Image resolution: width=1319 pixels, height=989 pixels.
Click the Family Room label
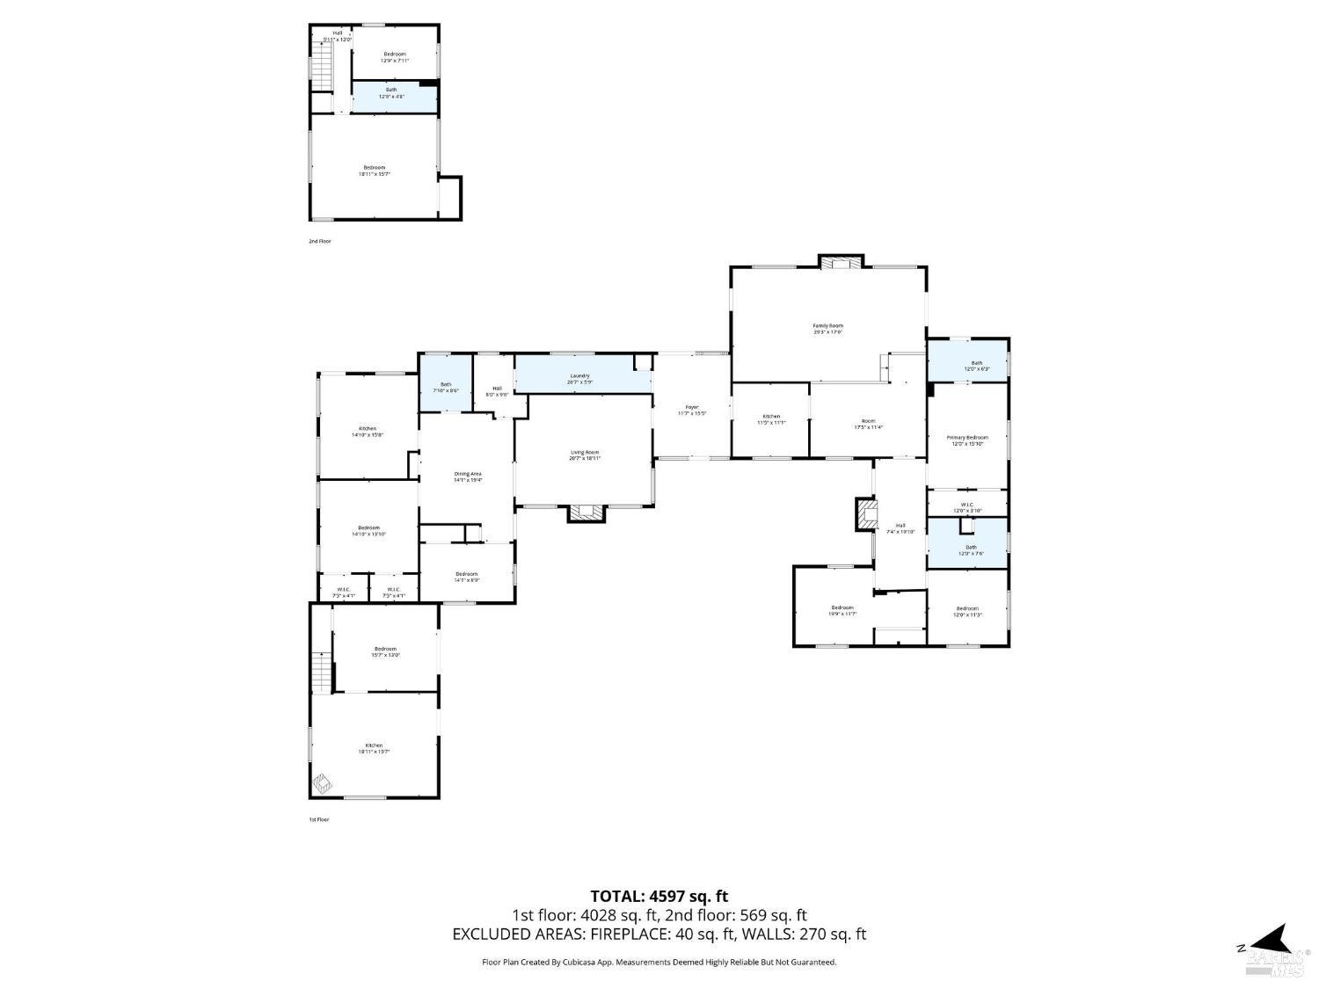point(827,329)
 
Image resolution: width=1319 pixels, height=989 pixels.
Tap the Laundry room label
point(579,379)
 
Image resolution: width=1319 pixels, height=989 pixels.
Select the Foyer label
point(692,410)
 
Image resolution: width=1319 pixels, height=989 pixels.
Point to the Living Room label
point(585,455)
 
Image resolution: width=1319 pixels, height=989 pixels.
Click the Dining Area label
point(467,476)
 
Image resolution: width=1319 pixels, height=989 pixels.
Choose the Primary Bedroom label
point(966,440)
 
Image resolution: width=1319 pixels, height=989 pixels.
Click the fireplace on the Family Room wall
point(841,261)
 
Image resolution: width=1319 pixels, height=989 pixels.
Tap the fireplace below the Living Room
point(587,513)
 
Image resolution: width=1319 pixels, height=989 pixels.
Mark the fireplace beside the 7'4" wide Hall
point(866,514)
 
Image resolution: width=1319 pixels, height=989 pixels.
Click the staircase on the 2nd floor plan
point(322,66)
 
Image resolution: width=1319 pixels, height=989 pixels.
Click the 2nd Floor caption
point(320,241)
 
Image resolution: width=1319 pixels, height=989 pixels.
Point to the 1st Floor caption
point(318,819)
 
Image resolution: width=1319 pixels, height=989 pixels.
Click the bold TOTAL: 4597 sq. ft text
point(659,897)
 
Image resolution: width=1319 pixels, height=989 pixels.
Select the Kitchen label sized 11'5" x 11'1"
point(771,419)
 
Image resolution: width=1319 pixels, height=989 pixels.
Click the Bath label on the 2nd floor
point(391,92)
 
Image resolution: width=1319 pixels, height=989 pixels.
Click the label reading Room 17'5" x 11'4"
point(868,424)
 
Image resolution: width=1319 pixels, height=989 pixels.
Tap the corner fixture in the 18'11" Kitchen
point(323,782)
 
